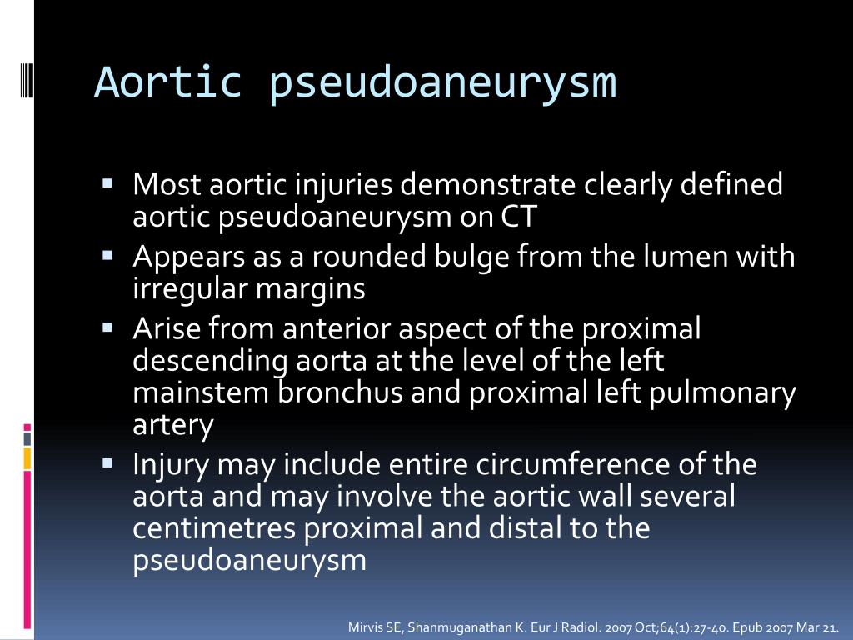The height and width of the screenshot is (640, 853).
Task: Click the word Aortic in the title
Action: click(x=167, y=82)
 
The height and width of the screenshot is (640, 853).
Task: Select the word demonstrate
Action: click(x=481, y=184)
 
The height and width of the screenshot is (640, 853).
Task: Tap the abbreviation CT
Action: click(x=519, y=217)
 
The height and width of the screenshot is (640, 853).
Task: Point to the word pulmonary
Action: click(x=734, y=393)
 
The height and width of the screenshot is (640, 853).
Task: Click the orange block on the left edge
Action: click(x=27, y=457)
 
